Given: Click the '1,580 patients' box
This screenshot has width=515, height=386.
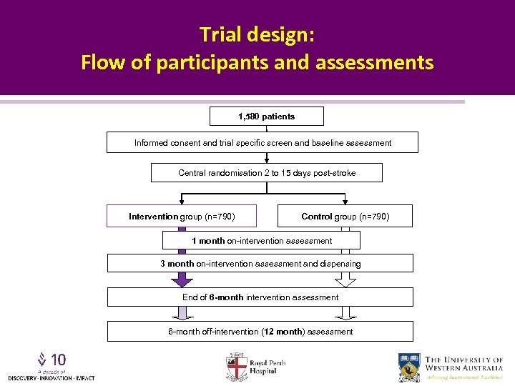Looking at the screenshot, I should [266, 117].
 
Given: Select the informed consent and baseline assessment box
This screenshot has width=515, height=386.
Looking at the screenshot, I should [263, 143].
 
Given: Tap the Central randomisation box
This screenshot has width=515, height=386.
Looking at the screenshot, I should [266, 173].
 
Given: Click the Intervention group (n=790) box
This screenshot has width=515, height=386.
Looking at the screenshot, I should [182, 216].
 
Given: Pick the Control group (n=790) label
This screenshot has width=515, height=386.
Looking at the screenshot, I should [345, 216].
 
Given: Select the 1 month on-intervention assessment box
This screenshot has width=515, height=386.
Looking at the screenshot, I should [261, 241].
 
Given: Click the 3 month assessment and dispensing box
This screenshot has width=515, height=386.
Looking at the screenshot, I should [260, 264].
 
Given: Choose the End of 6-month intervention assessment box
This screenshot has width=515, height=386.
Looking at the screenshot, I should [260, 297].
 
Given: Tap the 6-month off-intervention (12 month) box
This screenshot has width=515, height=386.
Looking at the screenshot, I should [260, 332].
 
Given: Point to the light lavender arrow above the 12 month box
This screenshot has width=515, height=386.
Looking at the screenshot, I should [182, 313].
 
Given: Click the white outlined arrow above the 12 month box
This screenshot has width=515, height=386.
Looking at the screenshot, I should [345, 313].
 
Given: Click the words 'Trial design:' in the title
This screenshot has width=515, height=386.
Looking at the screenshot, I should [257, 34].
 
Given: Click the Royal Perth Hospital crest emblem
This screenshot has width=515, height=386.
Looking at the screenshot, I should [236, 366].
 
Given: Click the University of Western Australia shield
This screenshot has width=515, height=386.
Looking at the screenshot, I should [410, 367].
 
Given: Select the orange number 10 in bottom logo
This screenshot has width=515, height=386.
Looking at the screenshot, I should [59, 360].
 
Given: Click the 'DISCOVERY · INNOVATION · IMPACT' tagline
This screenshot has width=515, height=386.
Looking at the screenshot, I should [51, 377].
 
